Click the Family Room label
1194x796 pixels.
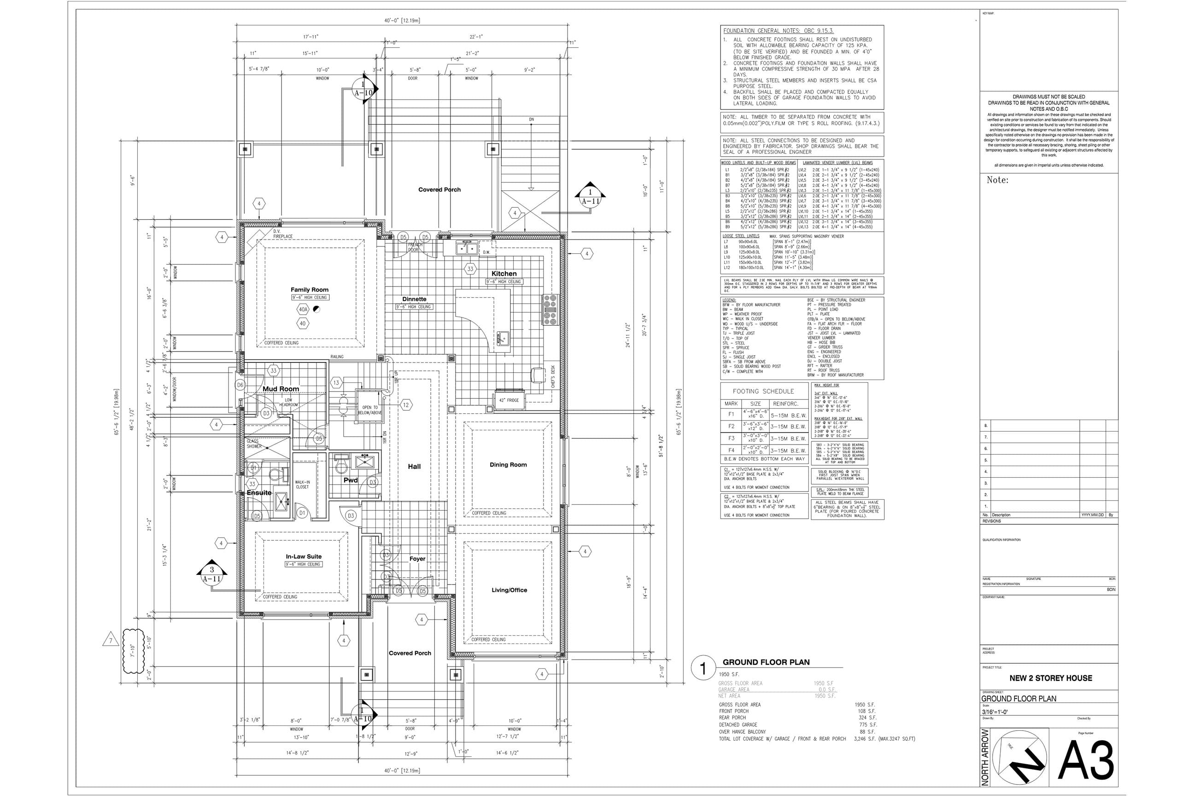[309, 289]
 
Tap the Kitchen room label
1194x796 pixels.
[503, 274]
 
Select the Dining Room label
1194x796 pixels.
[508, 464]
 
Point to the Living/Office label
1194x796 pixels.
[509, 590]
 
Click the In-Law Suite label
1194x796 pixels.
[304, 556]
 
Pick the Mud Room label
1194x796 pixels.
[281, 389]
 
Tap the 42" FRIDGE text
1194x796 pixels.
[509, 400]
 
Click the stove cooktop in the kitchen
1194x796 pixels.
[550, 309]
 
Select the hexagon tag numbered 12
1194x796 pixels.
[406, 404]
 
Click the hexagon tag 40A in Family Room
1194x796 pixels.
[303, 309]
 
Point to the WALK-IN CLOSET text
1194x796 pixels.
[302, 484]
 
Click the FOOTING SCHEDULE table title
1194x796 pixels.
[763, 392]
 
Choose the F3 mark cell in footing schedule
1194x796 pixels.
[731, 438]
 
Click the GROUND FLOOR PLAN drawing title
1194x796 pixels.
[766, 662]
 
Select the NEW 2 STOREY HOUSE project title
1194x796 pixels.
[1050, 678]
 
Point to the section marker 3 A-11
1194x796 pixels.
[212, 574]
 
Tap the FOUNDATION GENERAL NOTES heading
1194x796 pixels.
[778, 31]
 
